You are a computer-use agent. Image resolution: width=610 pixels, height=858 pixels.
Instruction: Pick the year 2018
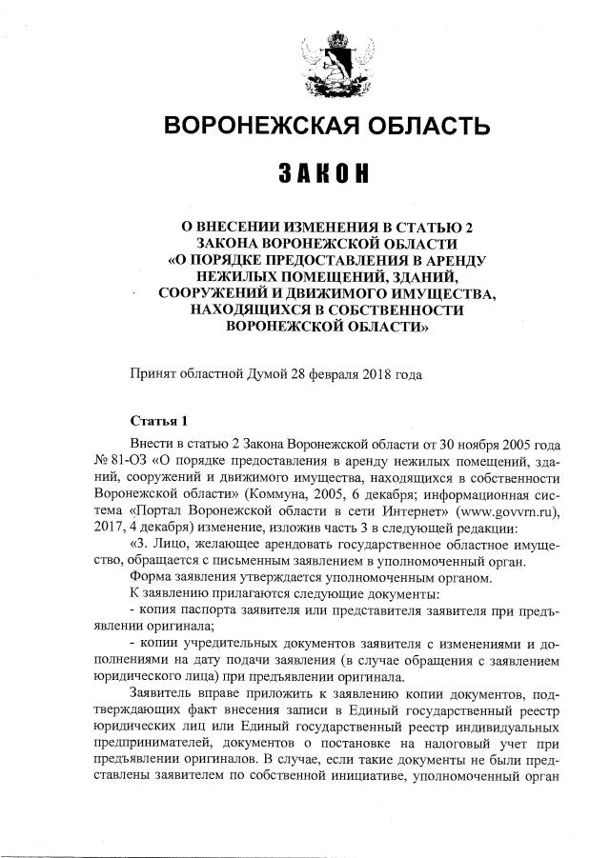coord(378,373)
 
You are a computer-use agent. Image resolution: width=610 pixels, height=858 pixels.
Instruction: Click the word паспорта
coord(201,610)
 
